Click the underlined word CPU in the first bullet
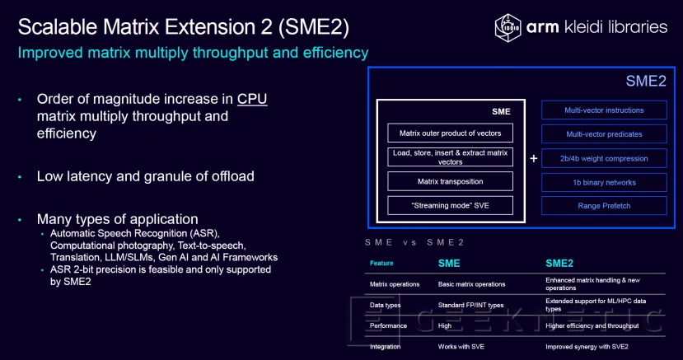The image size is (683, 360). (x=252, y=99)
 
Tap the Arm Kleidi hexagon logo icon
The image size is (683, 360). (x=509, y=26)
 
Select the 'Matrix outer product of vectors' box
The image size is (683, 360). (x=450, y=133)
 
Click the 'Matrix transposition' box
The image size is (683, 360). (x=450, y=181)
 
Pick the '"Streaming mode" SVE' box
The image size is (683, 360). (x=450, y=206)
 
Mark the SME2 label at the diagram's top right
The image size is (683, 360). (x=646, y=82)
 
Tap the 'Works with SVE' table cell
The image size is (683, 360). (x=462, y=347)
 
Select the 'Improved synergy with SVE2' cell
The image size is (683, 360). (x=587, y=347)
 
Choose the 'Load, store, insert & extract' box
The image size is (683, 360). (x=450, y=157)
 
